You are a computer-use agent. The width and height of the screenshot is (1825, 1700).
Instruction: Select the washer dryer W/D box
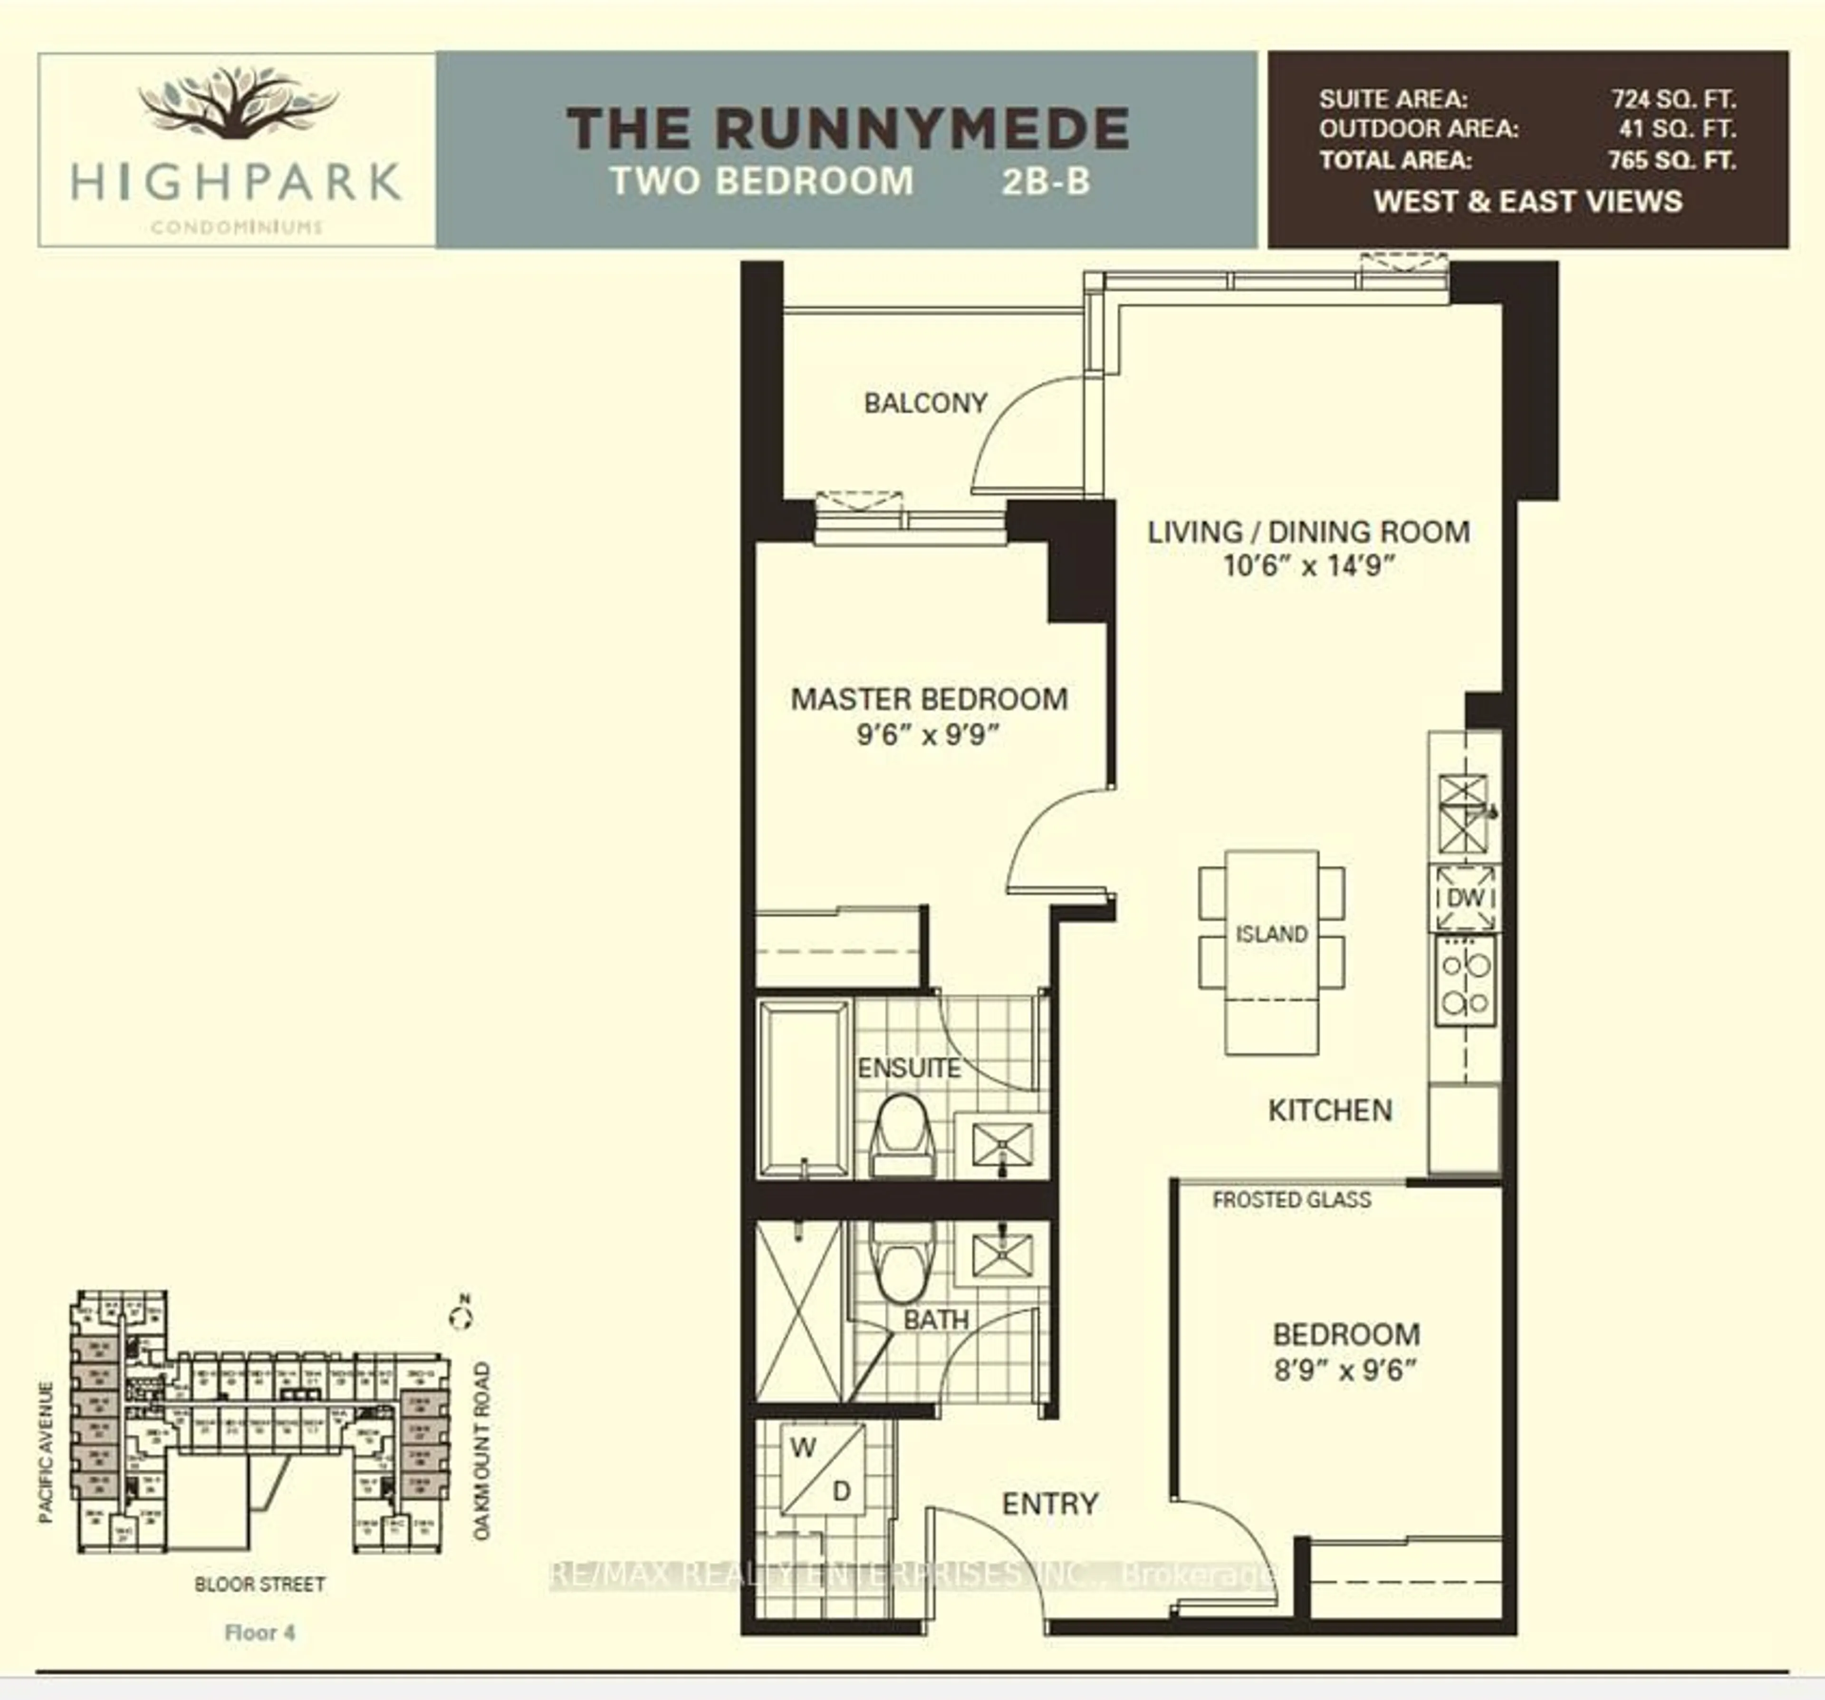(x=823, y=1469)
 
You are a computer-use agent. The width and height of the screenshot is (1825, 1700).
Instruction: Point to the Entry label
(x=1049, y=1504)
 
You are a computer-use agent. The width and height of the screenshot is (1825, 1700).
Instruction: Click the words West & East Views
(x=1527, y=201)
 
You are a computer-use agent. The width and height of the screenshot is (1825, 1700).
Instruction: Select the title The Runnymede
(x=847, y=128)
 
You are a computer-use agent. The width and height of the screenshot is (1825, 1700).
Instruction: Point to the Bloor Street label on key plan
(x=260, y=1584)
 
